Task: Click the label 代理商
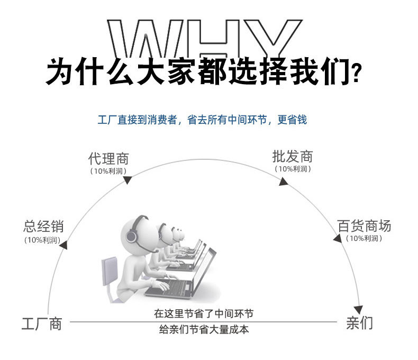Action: tap(108, 158)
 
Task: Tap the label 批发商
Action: tap(293, 156)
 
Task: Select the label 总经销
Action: tap(43, 227)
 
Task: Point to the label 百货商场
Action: tap(365, 226)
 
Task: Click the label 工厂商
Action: tap(41, 323)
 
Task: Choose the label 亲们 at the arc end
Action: tap(360, 323)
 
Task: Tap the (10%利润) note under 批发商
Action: tap(293, 169)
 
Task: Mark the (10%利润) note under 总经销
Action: tap(42, 240)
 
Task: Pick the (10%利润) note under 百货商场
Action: tap(364, 239)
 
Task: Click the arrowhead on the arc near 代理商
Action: tap(127, 180)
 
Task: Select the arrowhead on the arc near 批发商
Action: tap(284, 182)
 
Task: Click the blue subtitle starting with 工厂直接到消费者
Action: tap(202, 120)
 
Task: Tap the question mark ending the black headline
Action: tap(358, 73)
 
